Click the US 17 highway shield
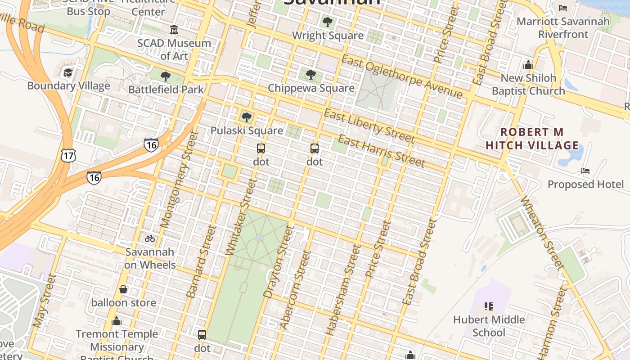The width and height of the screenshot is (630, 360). click(x=69, y=156)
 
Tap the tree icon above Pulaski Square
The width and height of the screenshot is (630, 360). click(x=246, y=117)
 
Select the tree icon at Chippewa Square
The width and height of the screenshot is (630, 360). click(x=310, y=75)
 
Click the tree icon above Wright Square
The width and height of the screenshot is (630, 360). click(x=328, y=22)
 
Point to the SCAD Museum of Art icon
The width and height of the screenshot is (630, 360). click(x=174, y=30)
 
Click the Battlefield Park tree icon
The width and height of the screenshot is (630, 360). click(x=166, y=76)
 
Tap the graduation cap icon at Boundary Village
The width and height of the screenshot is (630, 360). click(x=68, y=72)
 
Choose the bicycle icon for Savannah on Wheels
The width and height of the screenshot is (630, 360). click(x=150, y=238)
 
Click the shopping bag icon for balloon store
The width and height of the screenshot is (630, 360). click(x=123, y=289)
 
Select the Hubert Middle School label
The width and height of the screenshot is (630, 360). click(x=489, y=326)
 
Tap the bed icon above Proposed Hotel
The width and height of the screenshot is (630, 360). click(x=585, y=171)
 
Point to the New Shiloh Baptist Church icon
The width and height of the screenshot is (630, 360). click(x=528, y=65)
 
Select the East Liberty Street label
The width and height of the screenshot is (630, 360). click(x=369, y=126)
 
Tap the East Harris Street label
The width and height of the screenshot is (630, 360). click(x=381, y=151)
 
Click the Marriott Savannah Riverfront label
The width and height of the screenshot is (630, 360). click(x=563, y=27)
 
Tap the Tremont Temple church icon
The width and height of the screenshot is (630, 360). click(x=117, y=321)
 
